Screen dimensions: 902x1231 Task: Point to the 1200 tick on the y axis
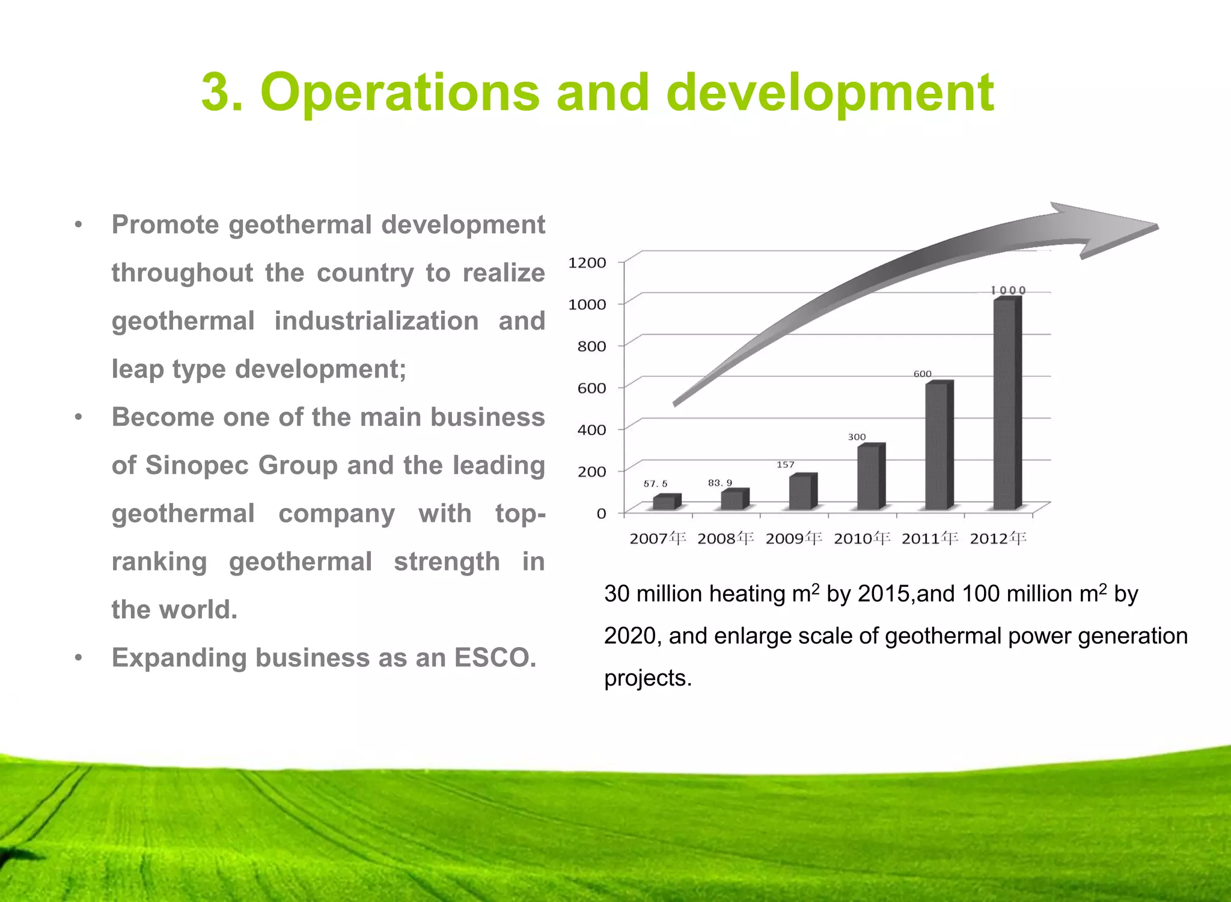[x=587, y=263]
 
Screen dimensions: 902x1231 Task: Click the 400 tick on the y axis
[x=591, y=430]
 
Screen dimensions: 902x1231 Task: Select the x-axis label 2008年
[x=725, y=538]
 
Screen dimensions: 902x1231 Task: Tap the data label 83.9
[x=719, y=483]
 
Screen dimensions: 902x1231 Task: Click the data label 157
[x=785, y=465]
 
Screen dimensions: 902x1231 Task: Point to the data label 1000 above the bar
[x=1008, y=290]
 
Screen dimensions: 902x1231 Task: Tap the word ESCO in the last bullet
[x=494, y=658]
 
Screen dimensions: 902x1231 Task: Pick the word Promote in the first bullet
[x=165, y=225]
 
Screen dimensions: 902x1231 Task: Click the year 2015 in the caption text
[x=883, y=594]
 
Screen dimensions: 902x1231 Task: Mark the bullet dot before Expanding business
[x=78, y=658]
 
